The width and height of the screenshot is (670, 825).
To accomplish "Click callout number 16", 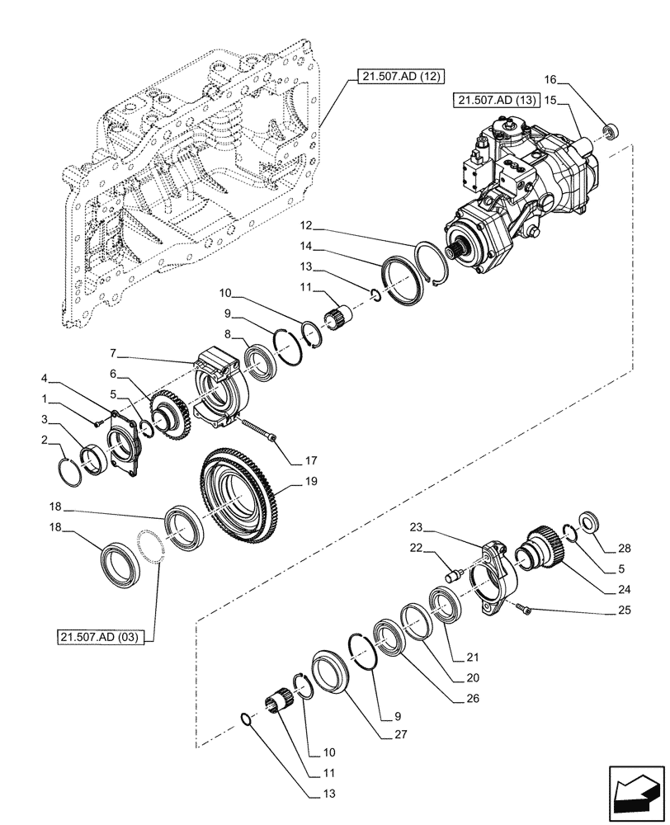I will click(550, 80).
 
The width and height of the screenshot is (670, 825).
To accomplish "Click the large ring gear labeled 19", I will click(244, 493).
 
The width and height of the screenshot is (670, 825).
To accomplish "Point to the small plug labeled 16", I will click(611, 130).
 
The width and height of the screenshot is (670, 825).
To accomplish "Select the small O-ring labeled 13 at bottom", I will click(243, 719).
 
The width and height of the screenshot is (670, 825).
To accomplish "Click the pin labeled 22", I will click(451, 569).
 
